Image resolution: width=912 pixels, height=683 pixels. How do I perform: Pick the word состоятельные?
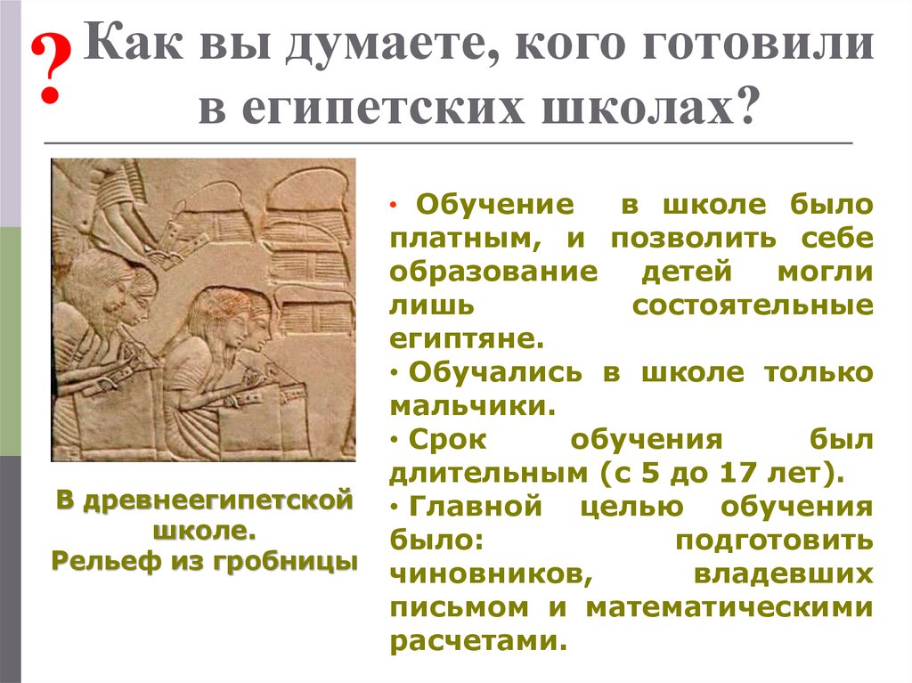(753, 305)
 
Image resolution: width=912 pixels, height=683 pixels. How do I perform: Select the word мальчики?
(472, 405)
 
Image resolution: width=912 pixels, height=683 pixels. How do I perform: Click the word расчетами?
(477, 640)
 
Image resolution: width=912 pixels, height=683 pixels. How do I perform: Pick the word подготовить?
(773, 540)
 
